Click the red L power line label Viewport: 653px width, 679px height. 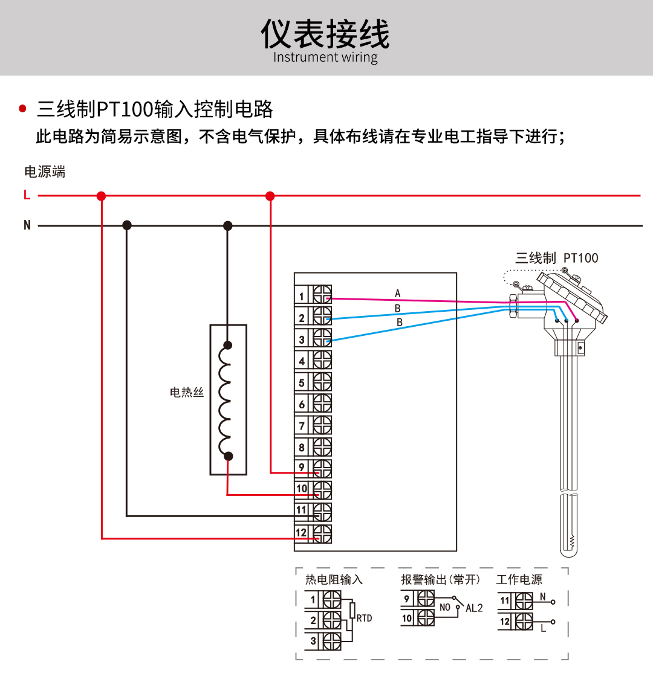pos(27,195)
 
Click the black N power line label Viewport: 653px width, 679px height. pos(27,225)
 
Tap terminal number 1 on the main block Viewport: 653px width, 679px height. pos(302,297)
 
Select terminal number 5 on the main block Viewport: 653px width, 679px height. pos(302,383)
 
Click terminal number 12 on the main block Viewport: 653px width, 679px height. pos(301,533)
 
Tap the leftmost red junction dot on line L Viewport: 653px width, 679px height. pos(101,196)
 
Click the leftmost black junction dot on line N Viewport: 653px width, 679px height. pos(126,225)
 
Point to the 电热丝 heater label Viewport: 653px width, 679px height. pos(187,393)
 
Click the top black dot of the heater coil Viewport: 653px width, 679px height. pos(227,346)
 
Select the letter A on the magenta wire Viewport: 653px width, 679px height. pos(398,294)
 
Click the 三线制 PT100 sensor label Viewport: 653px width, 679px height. pos(556,258)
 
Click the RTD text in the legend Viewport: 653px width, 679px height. pos(364,618)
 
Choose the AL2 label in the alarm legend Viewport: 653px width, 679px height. pos(474,608)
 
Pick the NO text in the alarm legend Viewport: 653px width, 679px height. pos(445,608)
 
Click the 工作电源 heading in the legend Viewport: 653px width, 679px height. pos(519,580)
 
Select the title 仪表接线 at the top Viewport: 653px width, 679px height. pos(325,34)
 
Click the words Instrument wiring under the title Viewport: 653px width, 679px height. pos(325,57)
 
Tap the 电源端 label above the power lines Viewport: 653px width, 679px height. pos(45,172)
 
